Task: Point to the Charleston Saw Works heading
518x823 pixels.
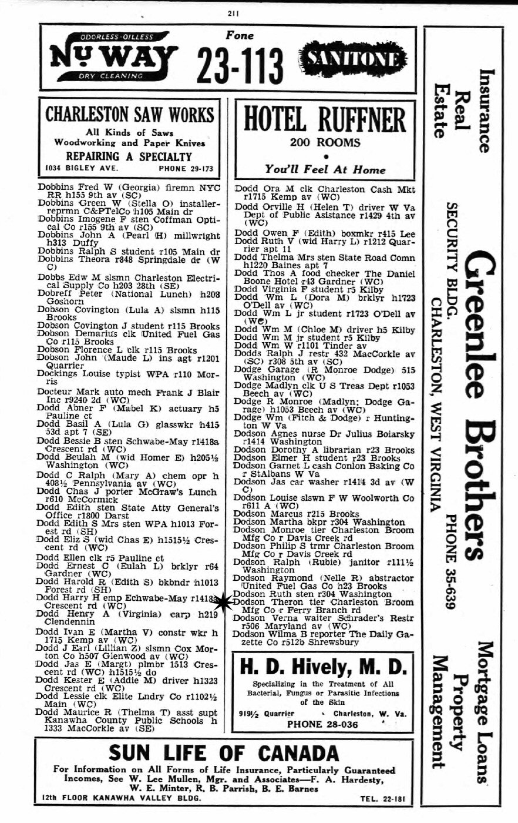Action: click(x=130, y=113)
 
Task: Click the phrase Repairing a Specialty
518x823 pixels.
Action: click(x=129, y=156)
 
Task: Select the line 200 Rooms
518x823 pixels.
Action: click(x=324, y=142)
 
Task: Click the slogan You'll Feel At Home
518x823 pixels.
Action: click(x=324, y=169)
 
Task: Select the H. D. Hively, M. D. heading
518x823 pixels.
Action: click(x=324, y=667)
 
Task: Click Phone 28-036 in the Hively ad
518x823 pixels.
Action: click(x=322, y=724)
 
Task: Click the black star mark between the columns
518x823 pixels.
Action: click(x=225, y=601)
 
